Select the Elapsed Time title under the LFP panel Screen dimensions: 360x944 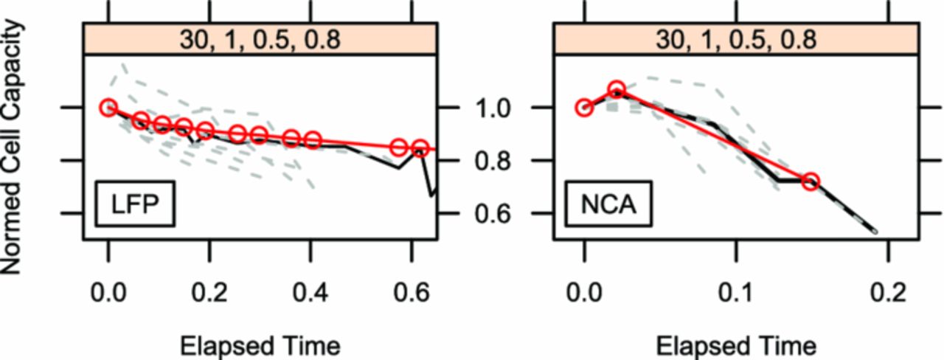(260, 345)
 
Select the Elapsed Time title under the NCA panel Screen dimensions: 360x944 (736, 345)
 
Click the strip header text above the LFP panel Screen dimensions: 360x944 (260, 38)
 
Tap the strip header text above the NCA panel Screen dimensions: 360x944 (736, 38)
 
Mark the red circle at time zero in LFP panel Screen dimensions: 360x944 (109, 108)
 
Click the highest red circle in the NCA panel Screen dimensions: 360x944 (617, 91)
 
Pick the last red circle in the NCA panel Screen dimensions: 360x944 (811, 181)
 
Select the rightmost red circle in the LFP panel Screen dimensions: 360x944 (420, 148)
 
